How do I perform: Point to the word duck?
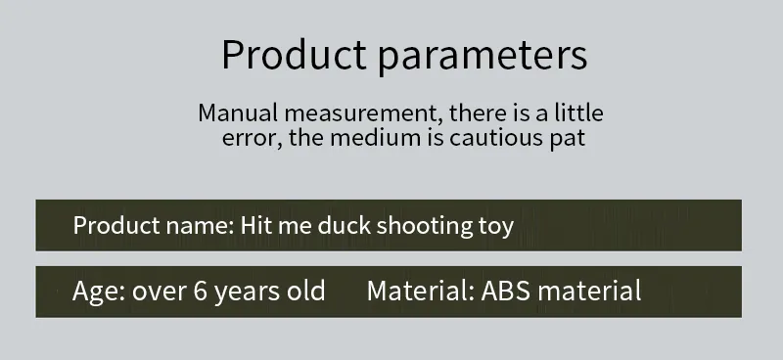click(x=343, y=226)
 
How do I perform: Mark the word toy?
click(x=495, y=226)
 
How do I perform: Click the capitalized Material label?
click(x=420, y=291)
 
